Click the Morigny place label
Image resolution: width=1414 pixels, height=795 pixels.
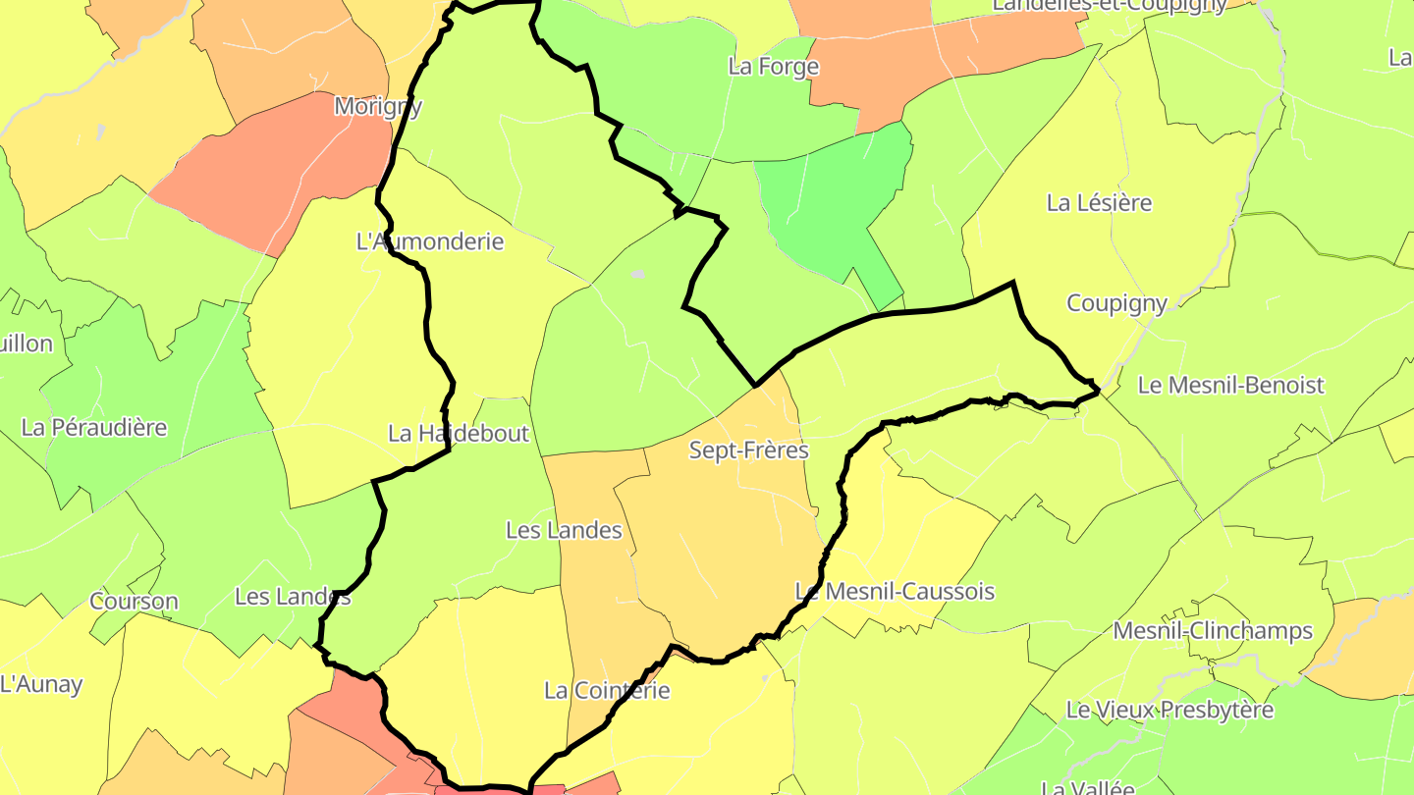coord(378,106)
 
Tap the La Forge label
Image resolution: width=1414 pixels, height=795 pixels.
coord(773,67)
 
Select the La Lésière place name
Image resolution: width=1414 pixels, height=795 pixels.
coord(1099,203)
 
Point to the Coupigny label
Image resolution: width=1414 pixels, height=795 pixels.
coord(1116,303)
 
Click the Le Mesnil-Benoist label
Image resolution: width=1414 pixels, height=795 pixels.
coord(1230,385)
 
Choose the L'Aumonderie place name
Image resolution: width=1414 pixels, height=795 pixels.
coord(430,241)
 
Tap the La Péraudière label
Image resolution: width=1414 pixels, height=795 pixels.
coord(94,428)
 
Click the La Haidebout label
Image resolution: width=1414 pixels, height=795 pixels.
coord(459,433)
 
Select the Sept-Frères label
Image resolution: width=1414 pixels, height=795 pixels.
coord(748,450)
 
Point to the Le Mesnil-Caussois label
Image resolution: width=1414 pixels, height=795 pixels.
coord(895,592)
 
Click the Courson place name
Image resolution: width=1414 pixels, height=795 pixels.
coord(134,602)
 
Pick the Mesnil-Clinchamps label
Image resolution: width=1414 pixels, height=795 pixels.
coord(1213,630)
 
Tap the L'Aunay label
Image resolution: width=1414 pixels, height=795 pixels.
coord(41,684)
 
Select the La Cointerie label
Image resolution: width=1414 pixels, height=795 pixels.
coord(607,690)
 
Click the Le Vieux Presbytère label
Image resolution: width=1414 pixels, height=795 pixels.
coord(1169,710)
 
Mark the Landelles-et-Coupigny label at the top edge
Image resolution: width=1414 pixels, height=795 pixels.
coord(1110,5)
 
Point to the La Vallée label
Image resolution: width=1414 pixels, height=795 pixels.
coord(1087,787)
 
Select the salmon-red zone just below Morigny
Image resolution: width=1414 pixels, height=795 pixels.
coord(275,172)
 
